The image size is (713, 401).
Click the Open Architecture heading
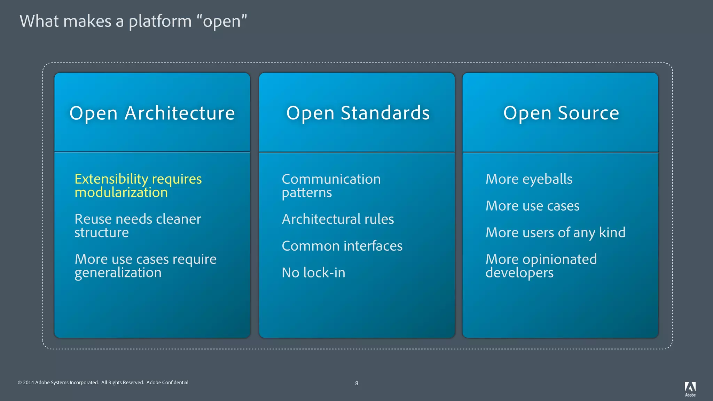[152, 113]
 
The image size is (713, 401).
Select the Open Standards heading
[358, 113]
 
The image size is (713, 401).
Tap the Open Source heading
[561, 113]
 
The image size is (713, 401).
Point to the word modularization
[121, 192]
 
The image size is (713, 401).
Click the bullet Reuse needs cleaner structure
[138, 226]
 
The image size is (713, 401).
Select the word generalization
[118, 273]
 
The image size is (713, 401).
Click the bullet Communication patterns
[331, 186]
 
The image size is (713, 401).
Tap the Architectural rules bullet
[338, 219]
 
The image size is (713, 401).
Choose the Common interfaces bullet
[342, 246]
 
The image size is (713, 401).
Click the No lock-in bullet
[313, 273]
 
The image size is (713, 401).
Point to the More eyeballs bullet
[529, 179]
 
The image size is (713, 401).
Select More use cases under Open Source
[532, 206]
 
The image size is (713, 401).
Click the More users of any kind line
[555, 233]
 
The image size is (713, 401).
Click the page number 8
[356, 383]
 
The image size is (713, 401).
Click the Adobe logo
[690, 388]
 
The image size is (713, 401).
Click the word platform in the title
[160, 22]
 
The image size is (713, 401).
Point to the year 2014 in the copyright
[28, 383]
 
